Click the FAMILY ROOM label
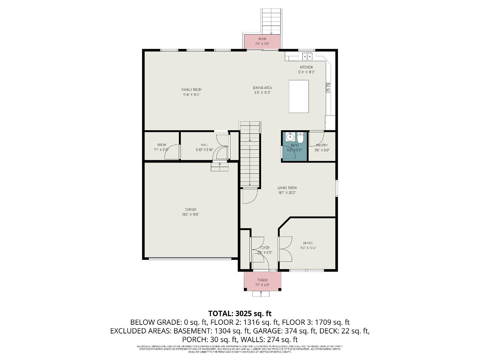(191, 90)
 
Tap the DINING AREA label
(262, 88)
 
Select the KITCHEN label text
(306, 67)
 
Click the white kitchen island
(299, 96)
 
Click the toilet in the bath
(300, 138)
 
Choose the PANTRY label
(322, 145)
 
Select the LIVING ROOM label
(287, 188)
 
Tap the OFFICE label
(308, 243)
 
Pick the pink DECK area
(262, 41)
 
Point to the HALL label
(204, 145)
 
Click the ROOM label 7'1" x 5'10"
(162, 145)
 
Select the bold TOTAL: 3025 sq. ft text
(240, 313)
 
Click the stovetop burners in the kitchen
(328, 87)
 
